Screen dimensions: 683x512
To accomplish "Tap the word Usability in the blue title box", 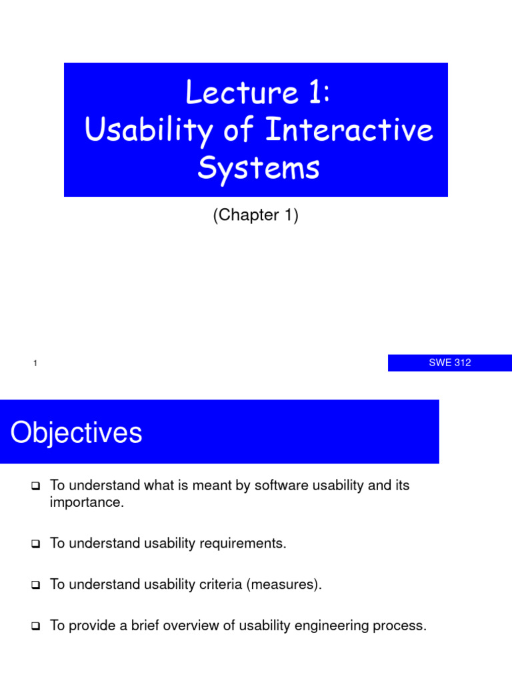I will pyautogui.click(x=139, y=130).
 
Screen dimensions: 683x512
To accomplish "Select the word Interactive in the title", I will pyautogui.click(x=349, y=130).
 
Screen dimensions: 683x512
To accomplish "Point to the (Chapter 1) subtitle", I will pyautogui.click(x=255, y=215).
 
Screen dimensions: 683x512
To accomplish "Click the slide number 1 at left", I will pyautogui.click(x=34, y=364).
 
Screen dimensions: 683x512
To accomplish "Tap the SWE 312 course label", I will pyautogui.click(x=449, y=363).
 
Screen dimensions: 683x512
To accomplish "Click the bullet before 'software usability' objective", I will pyautogui.click(x=36, y=486).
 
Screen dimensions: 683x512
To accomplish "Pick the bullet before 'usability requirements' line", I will pyautogui.click(x=36, y=544).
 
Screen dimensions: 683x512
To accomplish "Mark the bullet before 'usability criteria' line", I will pyautogui.click(x=36, y=586).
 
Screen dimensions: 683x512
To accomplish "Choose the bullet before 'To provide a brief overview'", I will pyautogui.click(x=36, y=627).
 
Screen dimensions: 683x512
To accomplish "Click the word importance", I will pyautogui.click(x=87, y=502).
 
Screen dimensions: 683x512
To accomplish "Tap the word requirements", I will pyautogui.click(x=244, y=544).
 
